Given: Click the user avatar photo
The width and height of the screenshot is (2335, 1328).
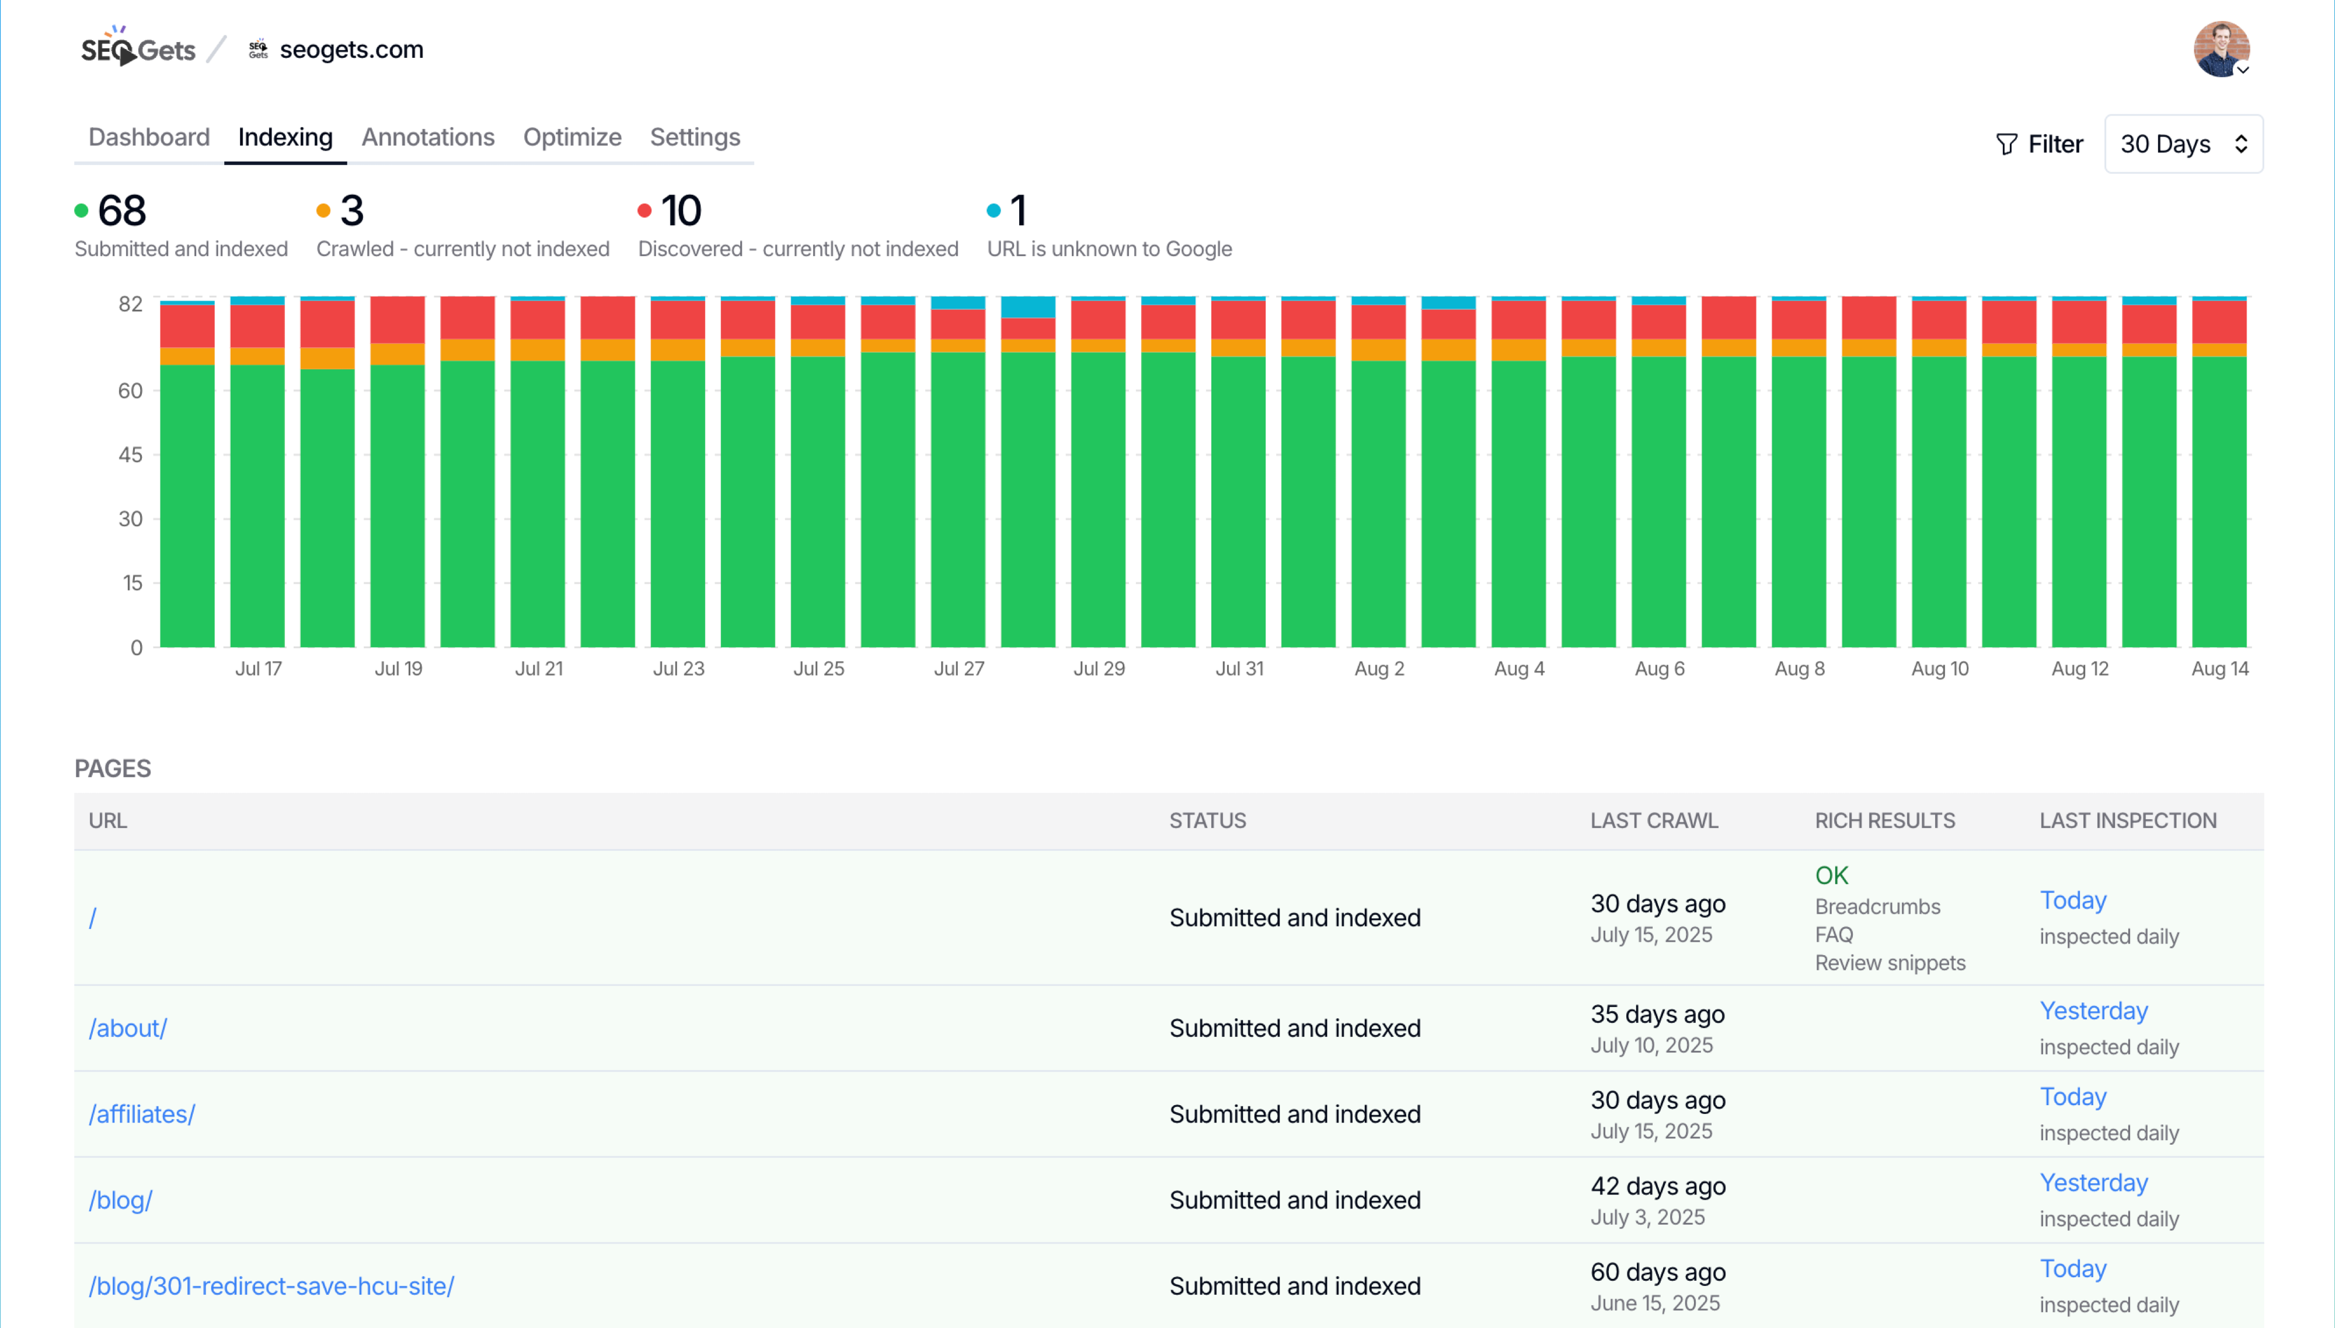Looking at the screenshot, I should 2220,49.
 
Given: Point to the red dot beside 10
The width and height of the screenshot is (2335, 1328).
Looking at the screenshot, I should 644,211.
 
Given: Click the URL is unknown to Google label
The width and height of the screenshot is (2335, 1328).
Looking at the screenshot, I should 1109,249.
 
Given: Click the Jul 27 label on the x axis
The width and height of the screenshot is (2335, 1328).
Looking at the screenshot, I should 958,669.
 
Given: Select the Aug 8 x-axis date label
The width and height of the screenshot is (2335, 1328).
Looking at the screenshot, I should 1799,669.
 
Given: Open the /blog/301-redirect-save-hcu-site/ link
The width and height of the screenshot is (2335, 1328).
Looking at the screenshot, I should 271,1286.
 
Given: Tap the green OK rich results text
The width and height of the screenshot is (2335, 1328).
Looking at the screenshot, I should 1831,876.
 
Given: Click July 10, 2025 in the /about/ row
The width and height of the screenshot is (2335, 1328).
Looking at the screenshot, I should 1651,1045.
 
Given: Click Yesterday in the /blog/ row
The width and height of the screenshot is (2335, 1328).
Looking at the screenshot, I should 2093,1183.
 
